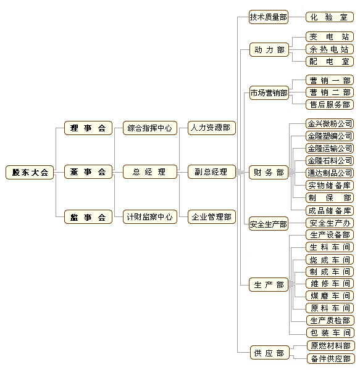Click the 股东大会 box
coord(30,172)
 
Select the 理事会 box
coord(88,128)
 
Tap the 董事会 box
coord(88,172)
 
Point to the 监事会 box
coord(88,217)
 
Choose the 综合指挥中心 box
coord(150,128)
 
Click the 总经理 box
coord(150,172)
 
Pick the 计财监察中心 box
coord(150,217)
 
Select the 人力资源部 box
coord(212,128)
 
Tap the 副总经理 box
coord(212,172)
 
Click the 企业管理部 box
coord(212,217)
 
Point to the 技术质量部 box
coord(269,17)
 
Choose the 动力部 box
coord(269,49)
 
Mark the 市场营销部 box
coord(269,92)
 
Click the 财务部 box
coord(269,173)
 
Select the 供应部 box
coord(269,353)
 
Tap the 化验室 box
coord(330,17)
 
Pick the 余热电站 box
coord(330,49)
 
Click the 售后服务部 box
coord(330,105)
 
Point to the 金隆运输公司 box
coord(330,149)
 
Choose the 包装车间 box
coord(330,333)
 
